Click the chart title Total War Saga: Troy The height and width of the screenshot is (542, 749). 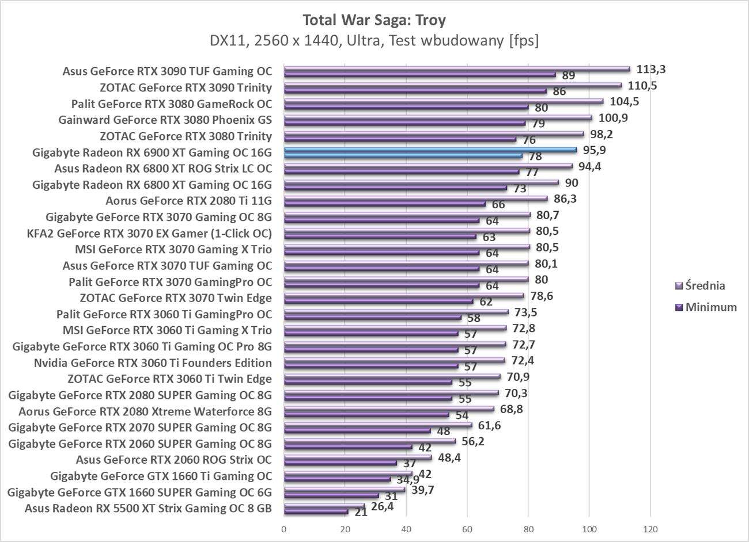click(x=374, y=20)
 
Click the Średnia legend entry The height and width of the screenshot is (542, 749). click(x=701, y=285)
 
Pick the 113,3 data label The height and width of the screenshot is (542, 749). click(x=651, y=69)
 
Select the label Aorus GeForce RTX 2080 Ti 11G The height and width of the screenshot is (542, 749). click(x=188, y=201)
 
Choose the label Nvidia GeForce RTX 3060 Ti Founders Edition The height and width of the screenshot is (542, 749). click(x=153, y=362)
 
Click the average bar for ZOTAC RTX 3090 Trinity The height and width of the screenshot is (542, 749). click(x=452, y=85)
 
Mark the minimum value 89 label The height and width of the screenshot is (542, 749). click(x=569, y=75)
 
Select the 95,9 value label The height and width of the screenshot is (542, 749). click(x=594, y=150)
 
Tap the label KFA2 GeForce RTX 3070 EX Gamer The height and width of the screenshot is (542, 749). click(x=149, y=233)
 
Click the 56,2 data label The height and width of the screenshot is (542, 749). click(x=474, y=441)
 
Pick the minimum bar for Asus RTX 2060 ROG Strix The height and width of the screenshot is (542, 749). click(x=340, y=463)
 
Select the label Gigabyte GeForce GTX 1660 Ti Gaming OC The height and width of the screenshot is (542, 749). click(x=161, y=476)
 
